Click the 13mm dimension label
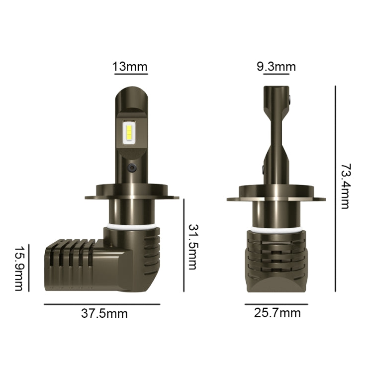(130, 67)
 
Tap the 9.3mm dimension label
(276, 67)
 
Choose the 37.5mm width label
(104, 314)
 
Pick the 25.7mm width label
(277, 313)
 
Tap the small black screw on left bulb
(131, 168)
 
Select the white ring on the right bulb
(276, 229)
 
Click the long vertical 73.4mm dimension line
(335, 189)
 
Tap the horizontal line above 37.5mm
(102, 304)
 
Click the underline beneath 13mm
(131, 75)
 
